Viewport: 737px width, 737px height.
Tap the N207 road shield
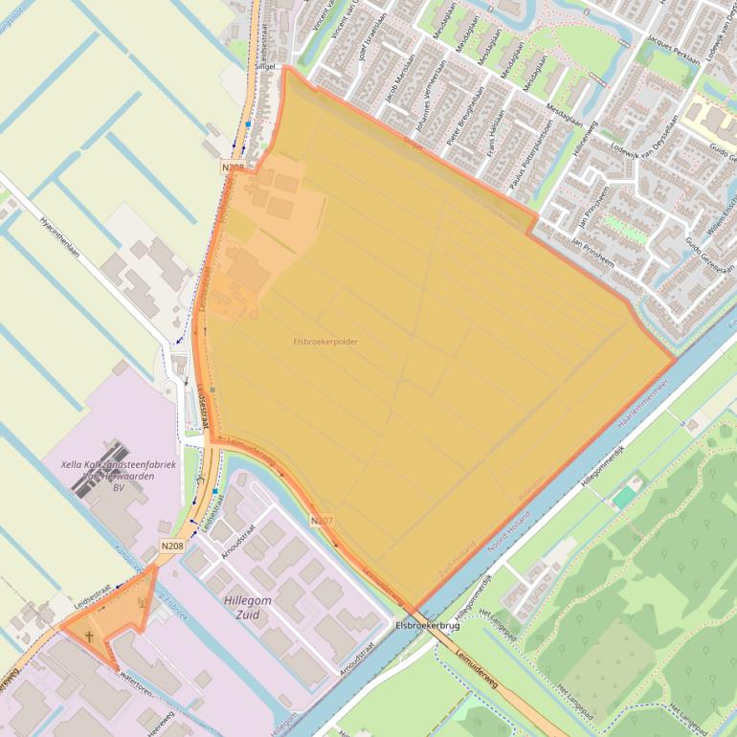[x=322, y=520]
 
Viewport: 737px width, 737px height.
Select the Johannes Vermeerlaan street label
[x=435, y=116]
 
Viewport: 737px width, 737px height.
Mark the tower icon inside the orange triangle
[x=143, y=603]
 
